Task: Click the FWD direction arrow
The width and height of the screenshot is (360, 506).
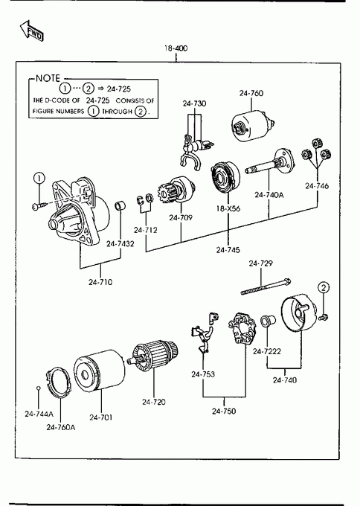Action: tap(31, 31)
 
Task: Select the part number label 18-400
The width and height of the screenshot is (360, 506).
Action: tap(176, 48)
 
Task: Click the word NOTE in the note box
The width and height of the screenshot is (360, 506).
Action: tap(48, 78)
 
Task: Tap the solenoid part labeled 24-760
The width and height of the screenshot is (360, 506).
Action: tap(253, 126)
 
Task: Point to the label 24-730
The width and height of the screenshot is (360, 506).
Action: tap(194, 103)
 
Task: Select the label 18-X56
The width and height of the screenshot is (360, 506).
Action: tap(228, 209)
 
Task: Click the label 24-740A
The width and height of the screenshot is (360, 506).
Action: tap(269, 195)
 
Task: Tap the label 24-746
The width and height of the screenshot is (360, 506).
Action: tap(317, 186)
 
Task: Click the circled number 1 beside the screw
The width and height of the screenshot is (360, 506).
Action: tap(39, 178)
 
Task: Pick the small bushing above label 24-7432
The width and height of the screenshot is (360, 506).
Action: tap(120, 206)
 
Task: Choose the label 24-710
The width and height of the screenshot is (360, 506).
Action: tap(100, 282)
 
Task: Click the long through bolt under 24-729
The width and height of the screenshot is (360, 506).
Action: tap(266, 286)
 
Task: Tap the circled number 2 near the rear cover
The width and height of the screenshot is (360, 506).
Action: tap(324, 287)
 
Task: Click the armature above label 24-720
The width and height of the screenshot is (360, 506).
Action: tap(153, 355)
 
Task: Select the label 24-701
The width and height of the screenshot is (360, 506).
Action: tap(101, 417)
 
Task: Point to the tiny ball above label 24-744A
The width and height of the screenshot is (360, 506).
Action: tap(38, 388)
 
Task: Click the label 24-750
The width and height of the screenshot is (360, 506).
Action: tap(224, 411)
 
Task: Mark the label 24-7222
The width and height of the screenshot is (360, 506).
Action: tap(267, 351)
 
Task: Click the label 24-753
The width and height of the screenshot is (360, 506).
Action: tap(203, 374)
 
